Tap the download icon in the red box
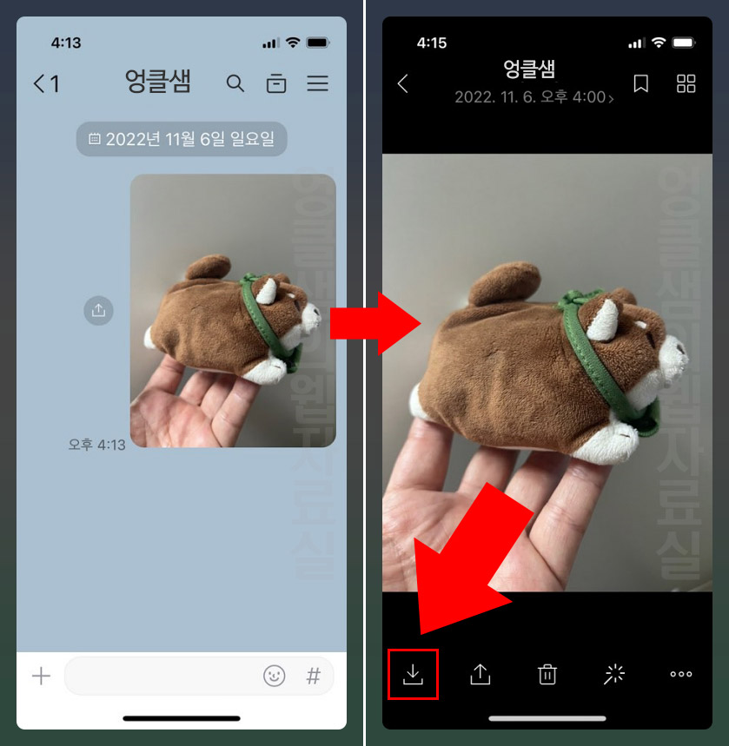tap(413, 674)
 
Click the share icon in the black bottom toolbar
tap(480, 674)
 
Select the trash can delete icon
tap(547, 674)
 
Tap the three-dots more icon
tap(681, 674)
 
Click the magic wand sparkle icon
tap(614, 674)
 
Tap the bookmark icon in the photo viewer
tap(641, 83)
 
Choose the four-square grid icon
tap(686, 83)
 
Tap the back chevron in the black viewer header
tap(403, 83)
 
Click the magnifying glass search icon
tap(235, 83)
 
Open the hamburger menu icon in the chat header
tap(317, 83)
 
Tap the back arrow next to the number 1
tap(39, 83)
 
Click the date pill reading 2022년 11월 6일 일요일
tap(182, 139)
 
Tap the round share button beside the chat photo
tap(99, 310)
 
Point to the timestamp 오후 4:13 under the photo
tap(97, 445)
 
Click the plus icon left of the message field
tap(41, 677)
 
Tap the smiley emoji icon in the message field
tap(275, 677)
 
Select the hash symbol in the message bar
tap(314, 677)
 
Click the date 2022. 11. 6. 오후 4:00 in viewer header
tap(533, 97)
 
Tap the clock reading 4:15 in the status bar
tap(432, 43)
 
